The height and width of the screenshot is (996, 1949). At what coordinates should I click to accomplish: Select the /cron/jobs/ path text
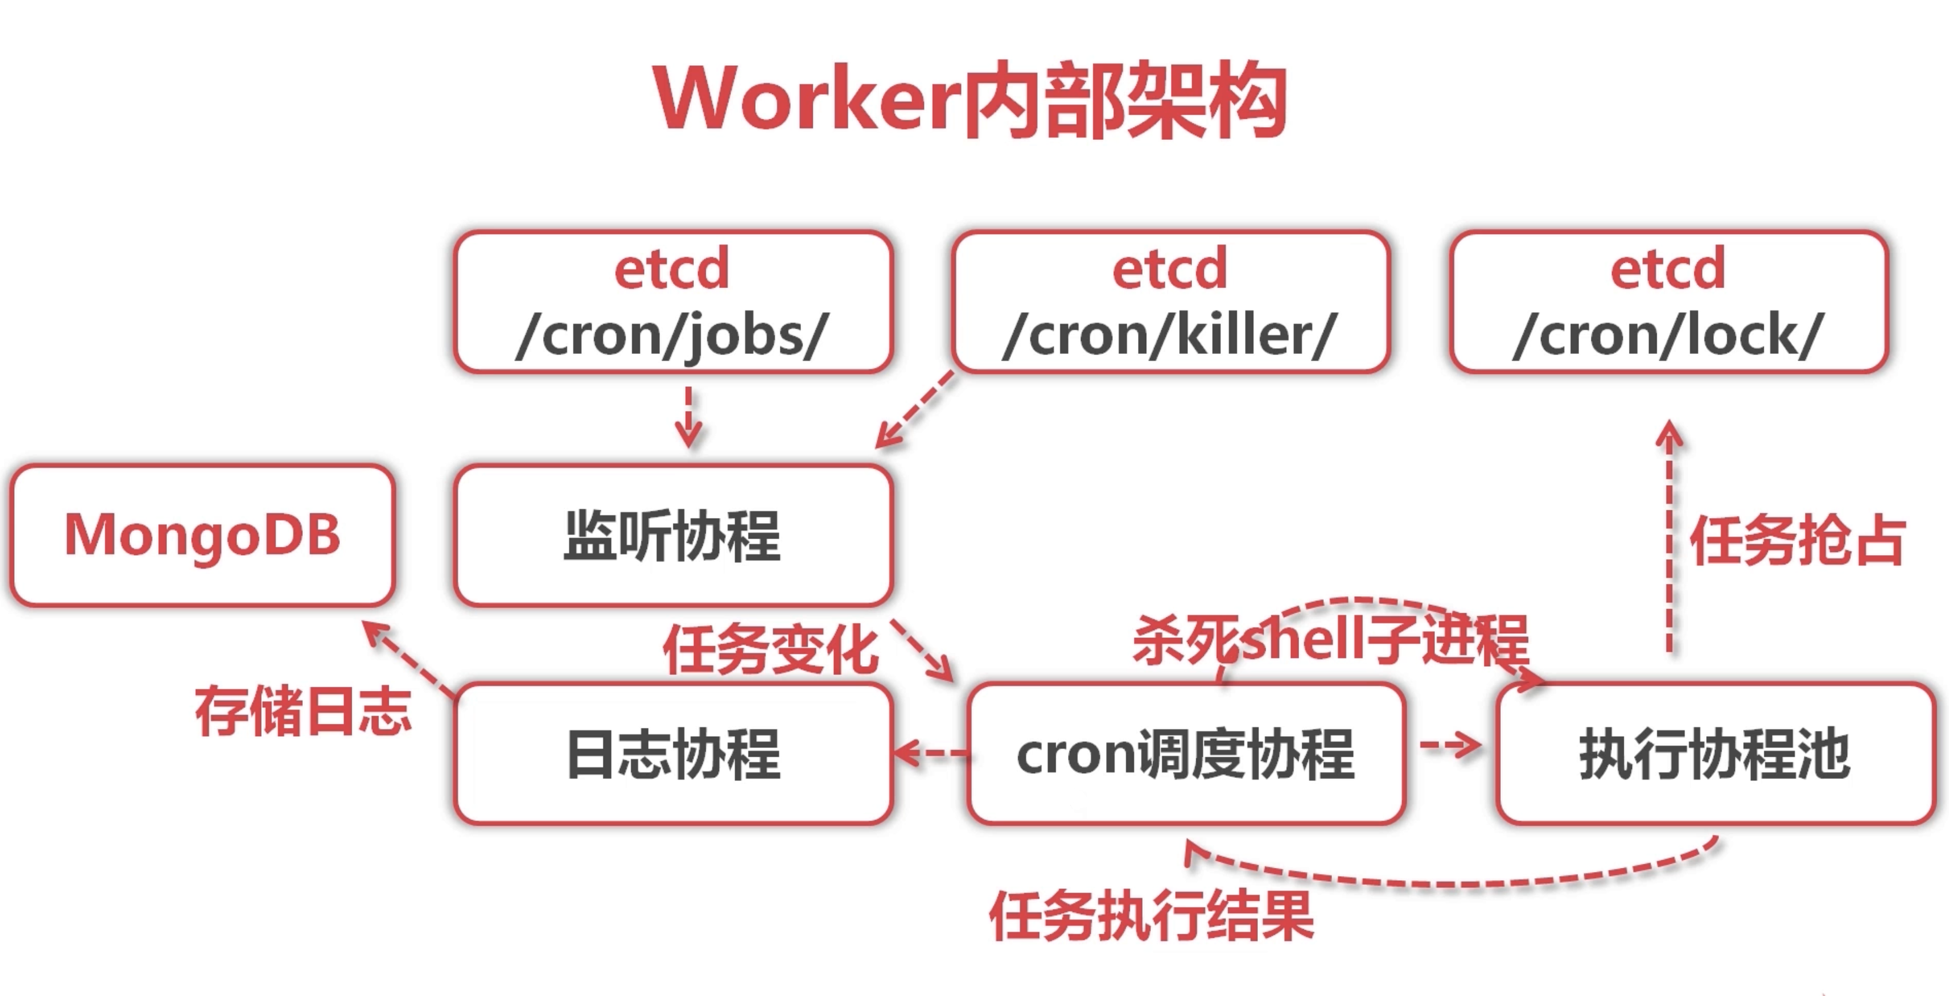pyautogui.click(x=672, y=335)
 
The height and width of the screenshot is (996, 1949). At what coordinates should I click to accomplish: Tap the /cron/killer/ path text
pyautogui.click(x=1170, y=335)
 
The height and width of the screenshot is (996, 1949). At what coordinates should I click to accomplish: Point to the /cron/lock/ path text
pyautogui.click(x=1668, y=335)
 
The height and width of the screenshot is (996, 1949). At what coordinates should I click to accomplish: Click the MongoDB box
pyautogui.click(x=202, y=534)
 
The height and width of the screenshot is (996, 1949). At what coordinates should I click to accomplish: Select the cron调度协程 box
pyautogui.click(x=1186, y=753)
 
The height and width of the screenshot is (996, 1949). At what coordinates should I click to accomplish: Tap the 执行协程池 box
pyautogui.click(x=1714, y=753)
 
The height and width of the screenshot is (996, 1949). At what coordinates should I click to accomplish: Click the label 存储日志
pyautogui.click(x=303, y=711)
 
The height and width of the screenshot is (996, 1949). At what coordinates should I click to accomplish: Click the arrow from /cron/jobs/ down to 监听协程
pyautogui.click(x=688, y=417)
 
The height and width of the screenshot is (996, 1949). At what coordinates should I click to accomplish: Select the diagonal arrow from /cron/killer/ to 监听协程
pyautogui.click(x=915, y=410)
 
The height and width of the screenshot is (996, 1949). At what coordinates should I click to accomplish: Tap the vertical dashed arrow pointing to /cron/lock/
pyautogui.click(x=1669, y=537)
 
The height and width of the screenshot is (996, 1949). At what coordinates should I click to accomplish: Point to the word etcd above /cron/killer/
pyautogui.click(x=1170, y=269)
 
